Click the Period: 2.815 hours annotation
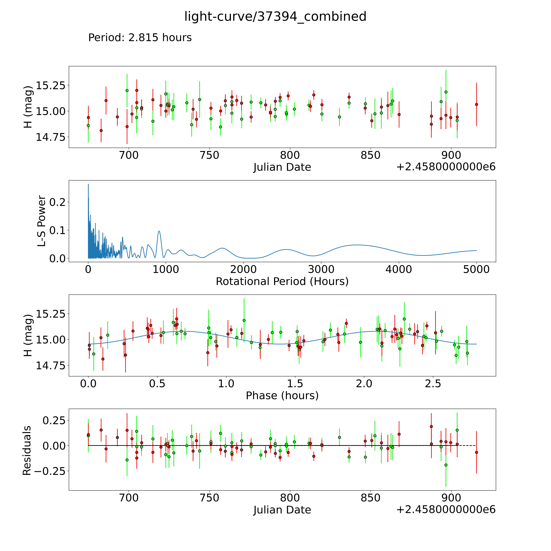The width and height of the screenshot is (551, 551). pos(140,38)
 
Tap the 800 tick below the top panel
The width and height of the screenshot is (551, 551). pos(290,155)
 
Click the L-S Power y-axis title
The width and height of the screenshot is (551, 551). pos(42,221)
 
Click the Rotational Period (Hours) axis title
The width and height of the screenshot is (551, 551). pos(282,282)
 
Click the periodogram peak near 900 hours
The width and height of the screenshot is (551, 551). pos(159,231)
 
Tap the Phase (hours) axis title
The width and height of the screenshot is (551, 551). pos(282,396)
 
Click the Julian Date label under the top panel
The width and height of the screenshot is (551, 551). pos(282,167)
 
